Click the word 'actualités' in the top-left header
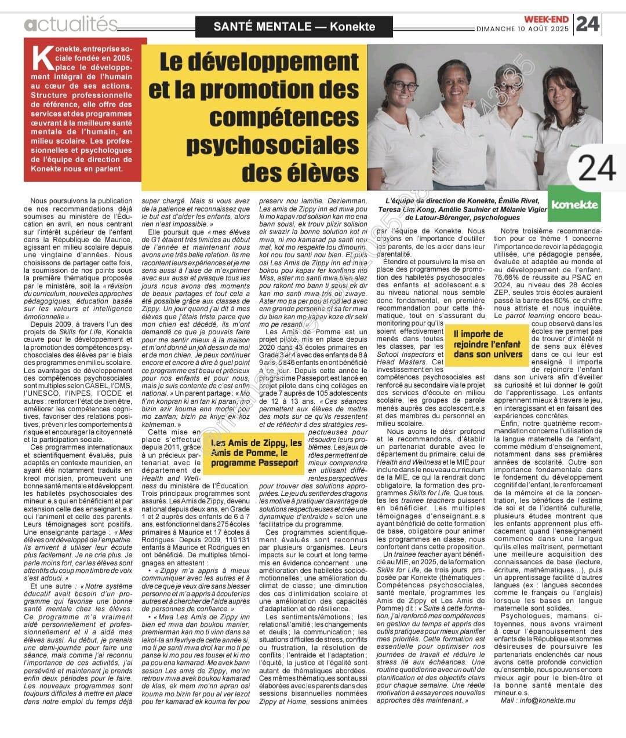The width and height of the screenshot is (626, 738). [x=71, y=24]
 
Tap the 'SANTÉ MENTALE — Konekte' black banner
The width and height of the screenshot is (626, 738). [x=294, y=26]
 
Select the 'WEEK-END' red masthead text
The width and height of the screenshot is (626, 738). [x=547, y=19]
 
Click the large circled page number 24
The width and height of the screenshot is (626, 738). [x=597, y=168]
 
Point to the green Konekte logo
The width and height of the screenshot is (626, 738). [x=575, y=204]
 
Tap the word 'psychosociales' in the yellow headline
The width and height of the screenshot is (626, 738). [x=272, y=145]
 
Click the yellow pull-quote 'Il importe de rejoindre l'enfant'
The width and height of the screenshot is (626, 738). [x=487, y=344]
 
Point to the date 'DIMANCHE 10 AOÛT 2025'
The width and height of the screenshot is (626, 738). [x=523, y=28]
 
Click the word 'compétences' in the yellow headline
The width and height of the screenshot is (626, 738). [x=284, y=117]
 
